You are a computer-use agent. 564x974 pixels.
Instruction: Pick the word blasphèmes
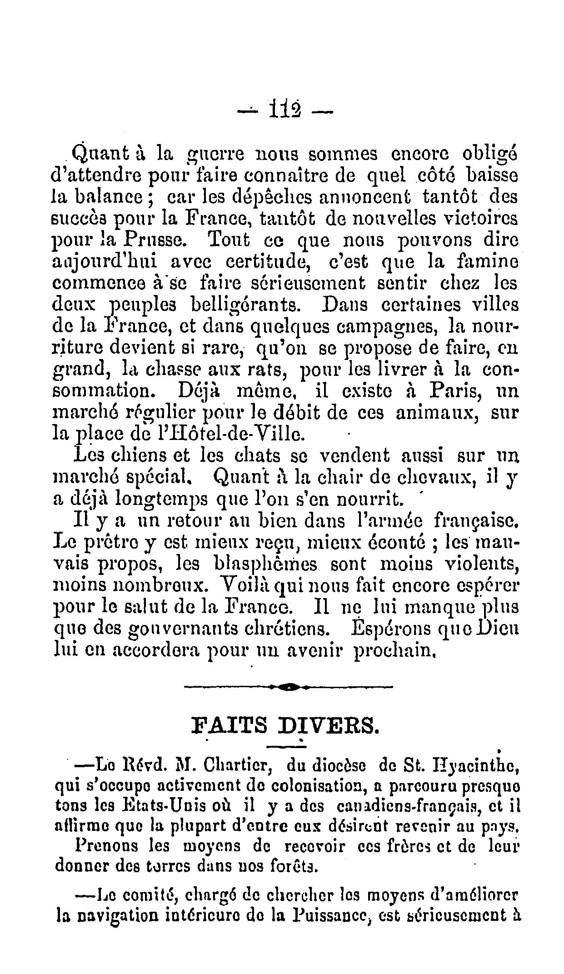(269, 564)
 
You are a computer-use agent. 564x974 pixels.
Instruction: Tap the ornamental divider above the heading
(288, 686)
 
